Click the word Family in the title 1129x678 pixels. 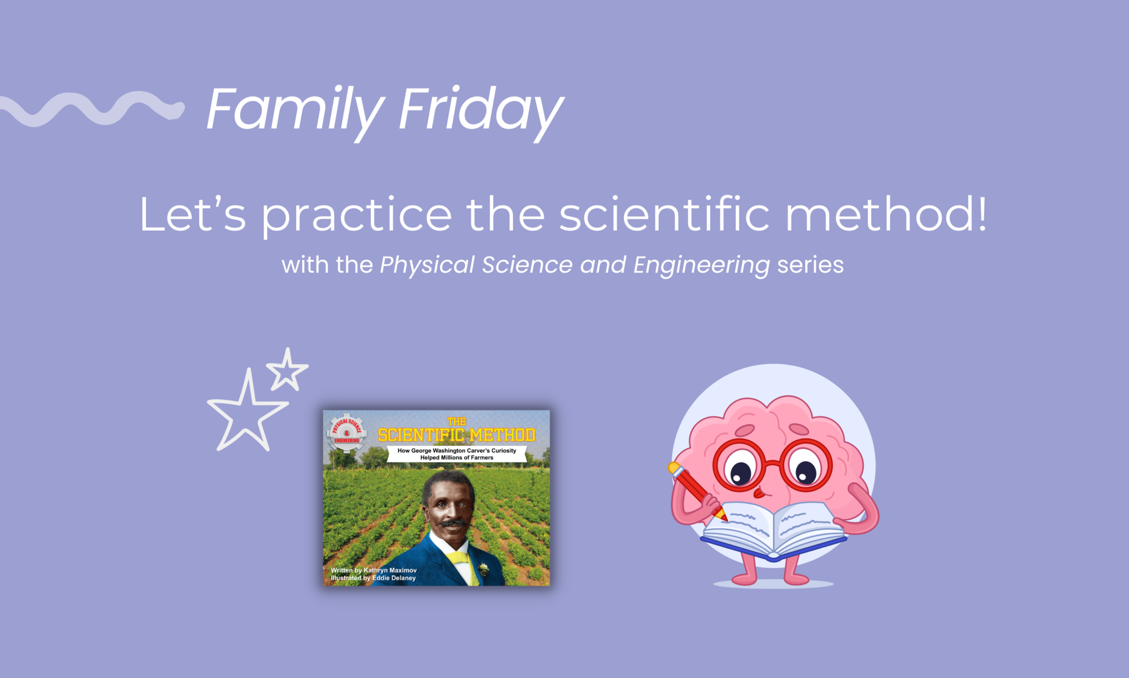(295, 110)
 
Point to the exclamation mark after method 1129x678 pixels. (981, 213)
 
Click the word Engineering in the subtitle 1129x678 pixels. (701, 266)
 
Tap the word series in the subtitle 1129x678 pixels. (810, 265)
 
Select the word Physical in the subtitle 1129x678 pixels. (427, 266)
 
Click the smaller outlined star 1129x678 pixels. (287, 370)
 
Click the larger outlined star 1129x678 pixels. (246, 411)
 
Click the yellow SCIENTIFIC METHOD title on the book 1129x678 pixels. (456, 435)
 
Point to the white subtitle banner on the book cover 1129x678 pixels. (456, 454)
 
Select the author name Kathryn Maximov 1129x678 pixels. (390, 570)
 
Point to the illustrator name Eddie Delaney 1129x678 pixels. (394, 578)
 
